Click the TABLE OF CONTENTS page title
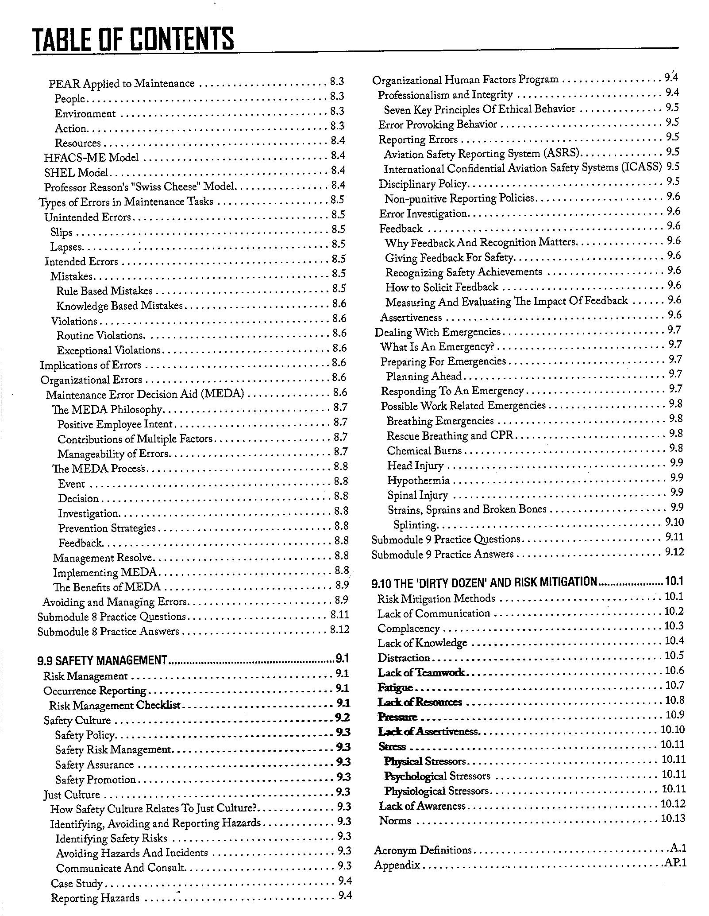click(x=133, y=39)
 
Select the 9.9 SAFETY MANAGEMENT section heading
click(x=102, y=660)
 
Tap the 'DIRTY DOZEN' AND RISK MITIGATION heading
click(x=484, y=582)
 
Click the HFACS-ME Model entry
click(x=91, y=158)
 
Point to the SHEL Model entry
click(x=76, y=172)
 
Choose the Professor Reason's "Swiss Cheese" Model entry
click(x=139, y=187)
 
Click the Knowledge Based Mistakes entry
click(x=119, y=306)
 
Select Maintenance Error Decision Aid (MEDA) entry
click(x=145, y=394)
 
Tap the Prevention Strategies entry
click(x=107, y=528)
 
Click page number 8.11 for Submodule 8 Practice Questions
click(x=339, y=615)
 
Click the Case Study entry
click(x=77, y=883)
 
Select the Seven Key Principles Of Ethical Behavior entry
click(x=479, y=109)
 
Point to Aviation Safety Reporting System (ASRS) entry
click(x=482, y=154)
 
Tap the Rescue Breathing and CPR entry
click(x=450, y=435)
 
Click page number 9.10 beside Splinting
click(x=674, y=522)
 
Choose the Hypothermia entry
click(x=418, y=480)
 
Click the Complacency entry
click(x=408, y=629)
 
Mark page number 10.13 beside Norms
click(x=673, y=818)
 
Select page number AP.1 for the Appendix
click(x=675, y=863)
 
